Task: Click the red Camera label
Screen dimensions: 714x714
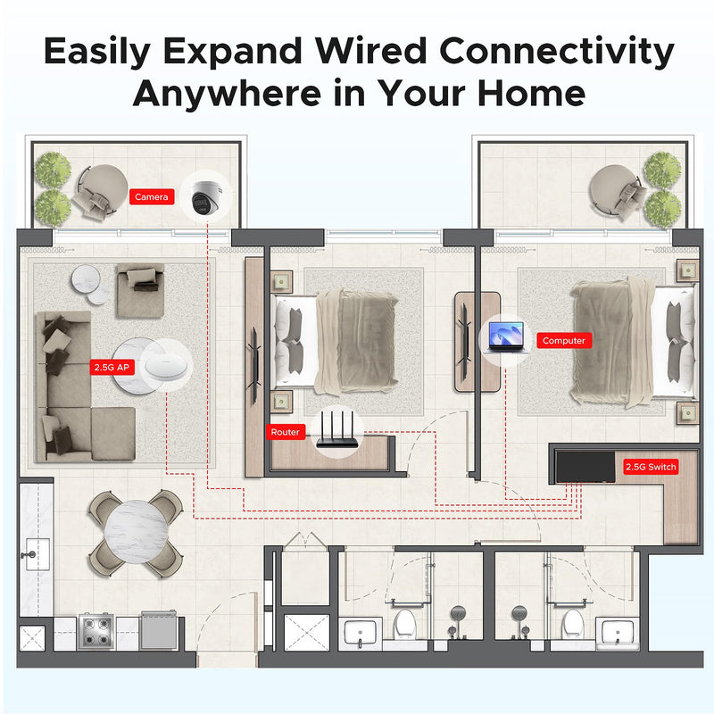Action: [x=152, y=196]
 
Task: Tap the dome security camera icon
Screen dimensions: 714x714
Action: [x=206, y=196]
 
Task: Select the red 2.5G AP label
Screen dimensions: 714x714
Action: [x=112, y=367]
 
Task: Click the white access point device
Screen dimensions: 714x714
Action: [x=166, y=367]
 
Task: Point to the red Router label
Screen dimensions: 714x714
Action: [x=286, y=432]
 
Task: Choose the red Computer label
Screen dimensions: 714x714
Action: [x=564, y=340]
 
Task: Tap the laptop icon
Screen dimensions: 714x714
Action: [x=506, y=337]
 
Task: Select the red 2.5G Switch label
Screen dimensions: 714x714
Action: [x=651, y=467]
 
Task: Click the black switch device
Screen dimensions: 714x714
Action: [x=585, y=467]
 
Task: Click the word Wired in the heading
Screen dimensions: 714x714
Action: [x=371, y=51]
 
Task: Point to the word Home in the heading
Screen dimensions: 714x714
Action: [x=531, y=94]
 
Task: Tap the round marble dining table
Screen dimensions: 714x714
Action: [x=137, y=533]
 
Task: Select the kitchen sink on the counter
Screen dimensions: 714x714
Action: [x=37, y=554]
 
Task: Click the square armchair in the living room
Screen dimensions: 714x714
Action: [x=140, y=290]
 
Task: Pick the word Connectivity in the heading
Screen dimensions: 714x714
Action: [x=556, y=52]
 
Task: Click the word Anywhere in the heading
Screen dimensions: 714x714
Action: [x=228, y=94]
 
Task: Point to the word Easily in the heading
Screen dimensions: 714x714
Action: [x=97, y=52]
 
